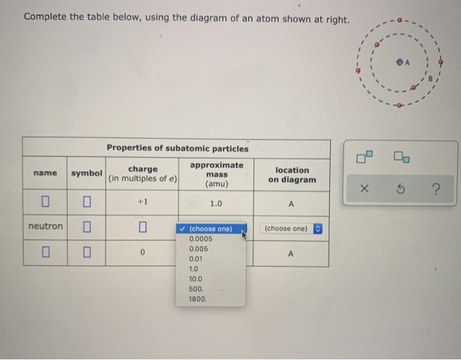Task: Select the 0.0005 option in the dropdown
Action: [200, 239]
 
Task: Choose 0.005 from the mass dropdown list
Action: [198, 249]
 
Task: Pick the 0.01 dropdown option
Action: [196, 259]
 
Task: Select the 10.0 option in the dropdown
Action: [196, 279]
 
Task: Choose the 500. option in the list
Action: [196, 289]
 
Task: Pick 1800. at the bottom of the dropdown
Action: [198, 299]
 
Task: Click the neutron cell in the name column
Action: [45, 226]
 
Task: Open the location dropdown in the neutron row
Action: [291, 228]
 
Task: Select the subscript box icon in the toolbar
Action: [402, 157]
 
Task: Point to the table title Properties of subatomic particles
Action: [178, 148]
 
